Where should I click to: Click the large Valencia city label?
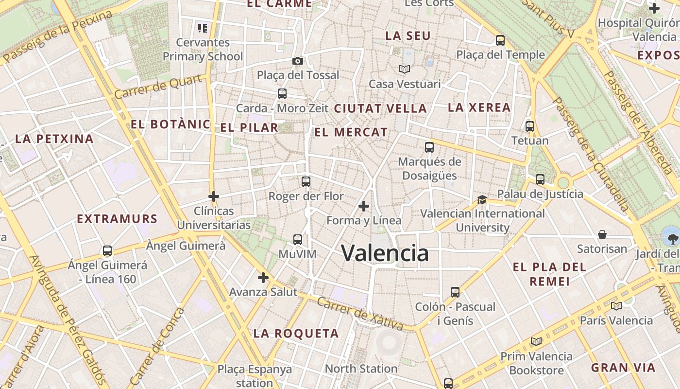(x=385, y=253)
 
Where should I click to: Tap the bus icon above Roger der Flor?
(x=306, y=182)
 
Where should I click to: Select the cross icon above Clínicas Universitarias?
(x=213, y=196)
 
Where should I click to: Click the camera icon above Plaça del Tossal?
(x=298, y=61)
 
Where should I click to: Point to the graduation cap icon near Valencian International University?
(x=482, y=199)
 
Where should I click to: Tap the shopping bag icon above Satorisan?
(x=602, y=234)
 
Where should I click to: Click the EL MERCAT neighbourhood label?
(x=351, y=132)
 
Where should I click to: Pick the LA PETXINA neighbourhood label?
(x=54, y=139)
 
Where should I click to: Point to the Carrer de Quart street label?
(x=158, y=86)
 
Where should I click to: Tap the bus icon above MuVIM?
(x=298, y=239)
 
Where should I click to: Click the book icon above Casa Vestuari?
(x=405, y=70)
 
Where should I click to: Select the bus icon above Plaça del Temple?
(x=500, y=40)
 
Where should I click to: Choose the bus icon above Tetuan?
(x=530, y=126)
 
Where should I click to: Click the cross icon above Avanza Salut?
(x=263, y=278)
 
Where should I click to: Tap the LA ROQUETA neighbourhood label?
(x=296, y=334)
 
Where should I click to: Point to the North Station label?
(x=361, y=369)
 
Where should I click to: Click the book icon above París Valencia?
(x=616, y=306)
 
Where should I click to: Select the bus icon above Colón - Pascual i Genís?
(x=455, y=292)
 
